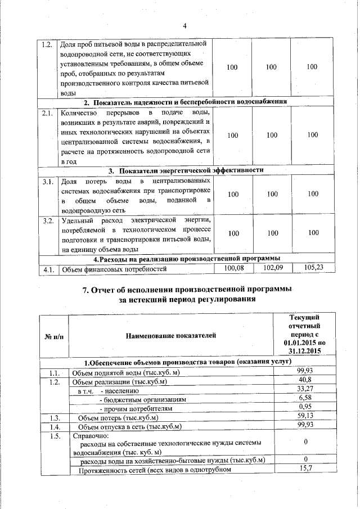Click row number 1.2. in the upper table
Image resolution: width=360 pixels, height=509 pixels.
[47, 44]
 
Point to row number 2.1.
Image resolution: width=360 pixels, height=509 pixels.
[47, 112]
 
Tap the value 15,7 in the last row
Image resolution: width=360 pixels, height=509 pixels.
[305, 469]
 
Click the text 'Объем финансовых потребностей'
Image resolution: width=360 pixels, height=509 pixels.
[114, 269]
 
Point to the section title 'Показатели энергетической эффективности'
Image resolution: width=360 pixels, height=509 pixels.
[192, 170]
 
